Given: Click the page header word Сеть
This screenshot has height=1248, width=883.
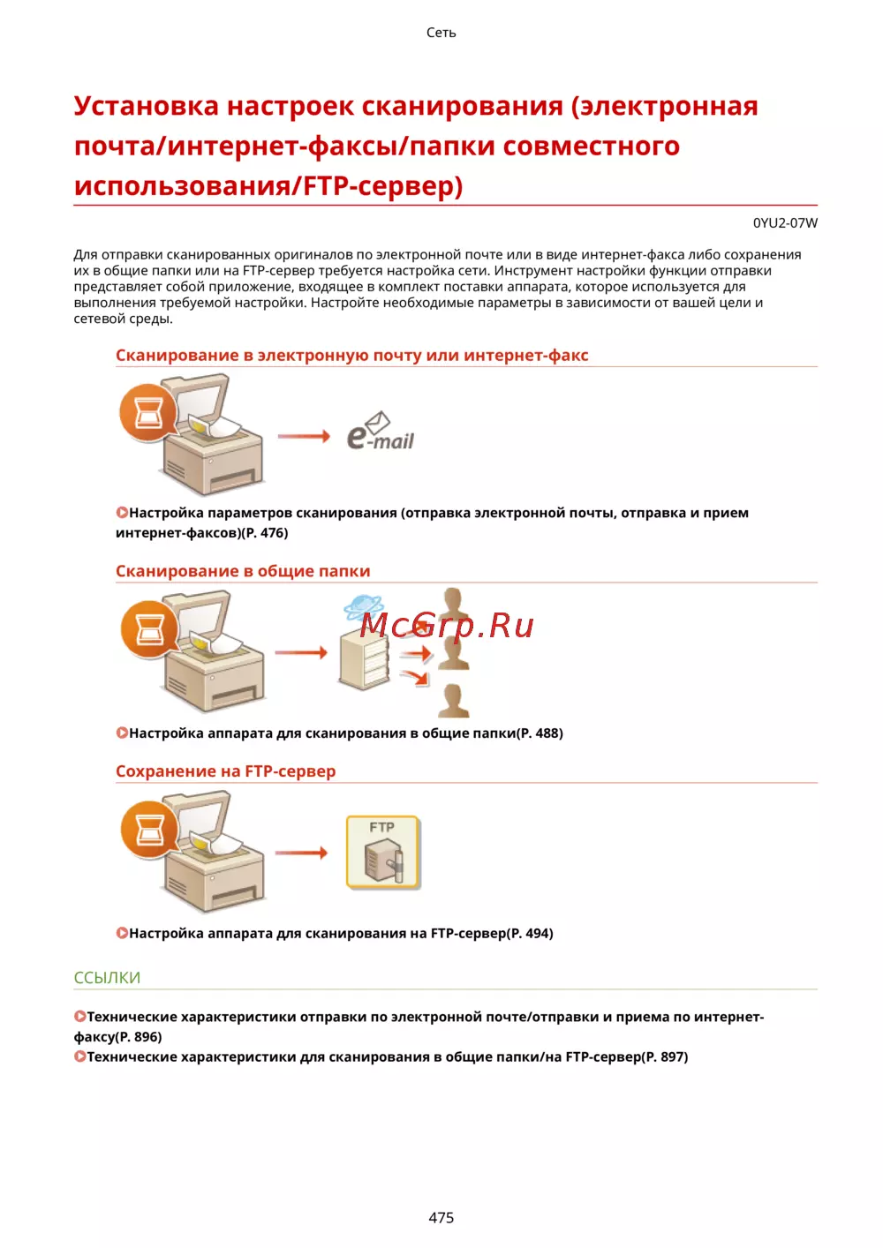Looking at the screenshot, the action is pyautogui.click(x=441, y=33).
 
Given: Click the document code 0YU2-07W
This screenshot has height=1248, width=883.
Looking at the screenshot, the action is pyautogui.click(x=785, y=222).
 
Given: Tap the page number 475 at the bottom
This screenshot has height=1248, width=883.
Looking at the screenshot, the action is pyautogui.click(x=441, y=1217).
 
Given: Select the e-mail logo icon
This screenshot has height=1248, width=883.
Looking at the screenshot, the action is pyautogui.click(x=381, y=431).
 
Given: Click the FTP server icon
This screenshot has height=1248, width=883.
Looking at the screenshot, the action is pyautogui.click(x=383, y=852).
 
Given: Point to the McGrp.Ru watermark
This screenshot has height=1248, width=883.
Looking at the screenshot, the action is pyautogui.click(x=447, y=625).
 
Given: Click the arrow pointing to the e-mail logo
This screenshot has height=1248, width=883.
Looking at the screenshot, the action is pyautogui.click(x=304, y=436).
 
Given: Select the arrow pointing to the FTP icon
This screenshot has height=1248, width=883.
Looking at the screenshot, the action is pyautogui.click(x=301, y=853).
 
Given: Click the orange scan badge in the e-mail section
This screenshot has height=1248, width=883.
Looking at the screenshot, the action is pyautogui.click(x=148, y=412).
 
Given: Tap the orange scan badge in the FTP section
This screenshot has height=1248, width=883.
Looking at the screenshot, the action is pyautogui.click(x=149, y=829).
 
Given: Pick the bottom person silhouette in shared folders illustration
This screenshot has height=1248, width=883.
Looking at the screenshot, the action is pyautogui.click(x=453, y=700).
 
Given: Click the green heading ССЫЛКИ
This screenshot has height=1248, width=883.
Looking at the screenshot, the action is pyautogui.click(x=107, y=977).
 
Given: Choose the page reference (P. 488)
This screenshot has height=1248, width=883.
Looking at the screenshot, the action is pyautogui.click(x=540, y=733).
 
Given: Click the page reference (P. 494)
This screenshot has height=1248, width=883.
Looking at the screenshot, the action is pyautogui.click(x=530, y=933).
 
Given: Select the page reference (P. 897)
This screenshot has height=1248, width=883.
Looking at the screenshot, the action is pyautogui.click(x=665, y=1056).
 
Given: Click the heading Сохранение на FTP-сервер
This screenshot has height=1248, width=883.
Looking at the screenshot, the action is pyautogui.click(x=226, y=771).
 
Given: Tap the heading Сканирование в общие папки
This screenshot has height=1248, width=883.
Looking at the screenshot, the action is pyautogui.click(x=243, y=571).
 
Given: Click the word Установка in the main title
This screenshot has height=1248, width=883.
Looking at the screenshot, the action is pyautogui.click(x=147, y=106).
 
